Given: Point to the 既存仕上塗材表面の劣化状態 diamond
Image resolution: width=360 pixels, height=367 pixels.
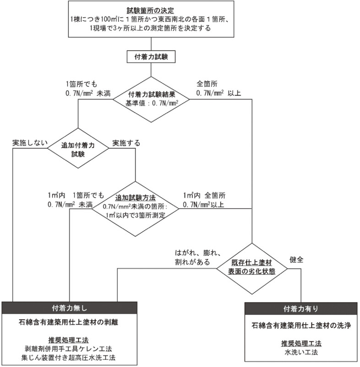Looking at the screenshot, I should coord(251,267).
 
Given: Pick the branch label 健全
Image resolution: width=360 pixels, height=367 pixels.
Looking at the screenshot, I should coord(296,259).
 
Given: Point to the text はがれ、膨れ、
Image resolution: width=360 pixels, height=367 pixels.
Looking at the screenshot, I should coord(198,253).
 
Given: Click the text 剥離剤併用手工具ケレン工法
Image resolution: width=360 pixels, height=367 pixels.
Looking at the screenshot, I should coord(70,349).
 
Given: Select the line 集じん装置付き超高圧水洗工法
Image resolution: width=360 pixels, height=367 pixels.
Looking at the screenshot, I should coord(70,357).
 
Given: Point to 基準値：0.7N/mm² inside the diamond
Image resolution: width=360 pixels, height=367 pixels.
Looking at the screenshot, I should coord(151,103).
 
